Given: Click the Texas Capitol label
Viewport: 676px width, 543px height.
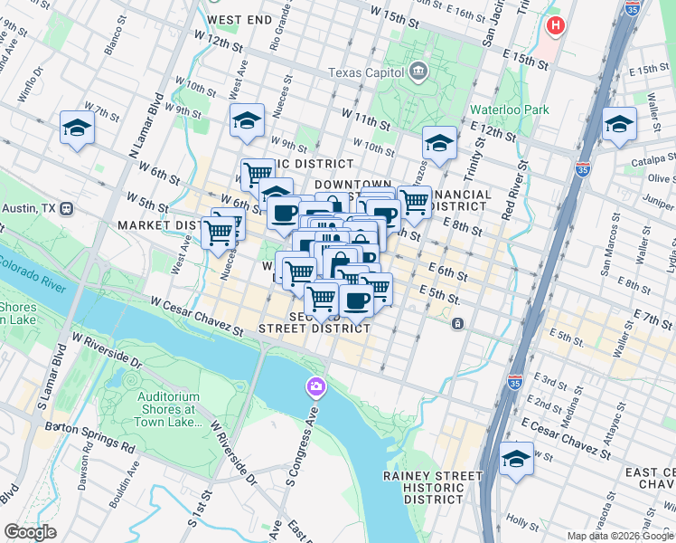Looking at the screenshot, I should pyautogui.click(x=368, y=72).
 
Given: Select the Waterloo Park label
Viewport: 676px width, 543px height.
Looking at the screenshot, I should pyautogui.click(x=510, y=110).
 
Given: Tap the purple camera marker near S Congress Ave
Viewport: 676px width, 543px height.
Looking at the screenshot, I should pyautogui.click(x=315, y=387).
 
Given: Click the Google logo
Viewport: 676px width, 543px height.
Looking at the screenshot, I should pyautogui.click(x=30, y=532).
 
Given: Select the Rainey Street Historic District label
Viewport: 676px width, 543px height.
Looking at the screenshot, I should pyautogui.click(x=433, y=487).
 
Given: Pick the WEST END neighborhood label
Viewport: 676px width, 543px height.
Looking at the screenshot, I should pyautogui.click(x=239, y=19).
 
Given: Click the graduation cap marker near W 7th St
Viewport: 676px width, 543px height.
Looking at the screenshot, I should pyautogui.click(x=78, y=129).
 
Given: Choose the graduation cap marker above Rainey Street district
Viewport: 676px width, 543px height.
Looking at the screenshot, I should pyautogui.click(x=516, y=457).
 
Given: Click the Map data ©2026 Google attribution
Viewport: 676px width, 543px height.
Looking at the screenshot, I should pyautogui.click(x=619, y=535).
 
